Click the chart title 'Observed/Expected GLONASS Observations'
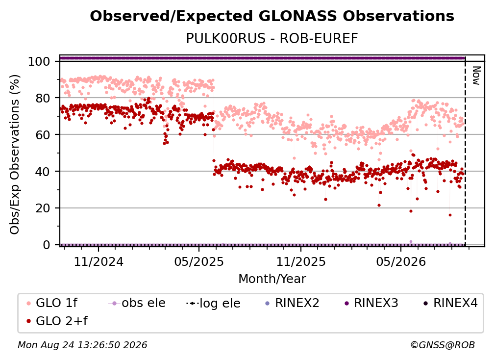pos(272,16)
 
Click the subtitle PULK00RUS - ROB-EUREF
pos(272,39)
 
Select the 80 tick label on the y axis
pos(43,98)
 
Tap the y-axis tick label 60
pos(43,135)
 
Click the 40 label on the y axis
pos(43,172)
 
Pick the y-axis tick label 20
pos(43,208)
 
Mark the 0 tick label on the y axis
pos(47,245)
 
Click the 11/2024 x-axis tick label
pos(99,261)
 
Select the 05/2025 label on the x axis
pos(199,261)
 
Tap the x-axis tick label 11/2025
pos(301,261)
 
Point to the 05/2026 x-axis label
pos(401,261)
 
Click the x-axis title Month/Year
pos(272,279)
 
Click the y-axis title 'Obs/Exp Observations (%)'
pos(15,154)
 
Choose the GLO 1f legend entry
pos(52,303)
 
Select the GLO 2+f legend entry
pos(57,321)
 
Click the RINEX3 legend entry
pos(371,303)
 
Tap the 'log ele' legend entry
pos(213,303)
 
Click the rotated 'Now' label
pos(476,76)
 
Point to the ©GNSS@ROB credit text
pos(443,345)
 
